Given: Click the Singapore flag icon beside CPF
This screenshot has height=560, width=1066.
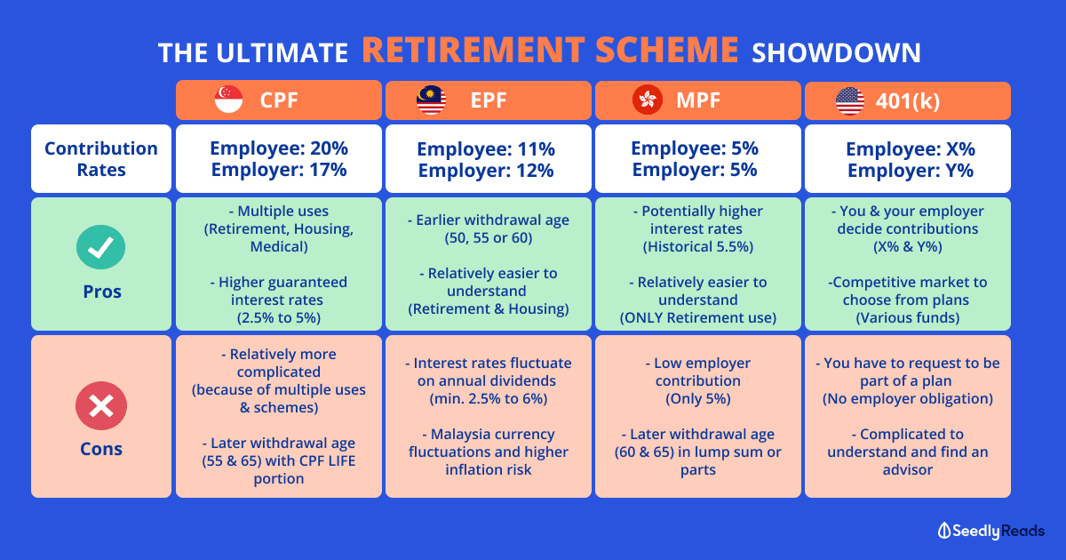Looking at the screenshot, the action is [x=229, y=100].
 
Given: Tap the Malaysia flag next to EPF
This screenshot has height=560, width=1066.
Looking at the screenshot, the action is [x=431, y=100].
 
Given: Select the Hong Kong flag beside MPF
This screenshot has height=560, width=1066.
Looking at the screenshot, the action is [x=648, y=100].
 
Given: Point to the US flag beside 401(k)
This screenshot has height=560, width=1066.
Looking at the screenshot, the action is [x=850, y=101].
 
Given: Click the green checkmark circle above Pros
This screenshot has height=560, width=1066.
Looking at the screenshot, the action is [x=101, y=247].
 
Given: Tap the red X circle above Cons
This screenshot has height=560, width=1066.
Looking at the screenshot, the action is [x=101, y=405].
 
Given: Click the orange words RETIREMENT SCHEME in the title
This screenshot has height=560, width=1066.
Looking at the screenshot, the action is [x=550, y=50].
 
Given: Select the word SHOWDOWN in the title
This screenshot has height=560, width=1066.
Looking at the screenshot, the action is [x=836, y=52].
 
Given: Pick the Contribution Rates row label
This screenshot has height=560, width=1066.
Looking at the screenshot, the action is [x=101, y=159].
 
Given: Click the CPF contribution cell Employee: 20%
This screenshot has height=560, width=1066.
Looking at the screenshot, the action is [x=279, y=148].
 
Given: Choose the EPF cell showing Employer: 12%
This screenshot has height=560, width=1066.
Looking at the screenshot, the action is [x=486, y=171].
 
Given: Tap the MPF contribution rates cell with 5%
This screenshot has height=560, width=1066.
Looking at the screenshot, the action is [x=697, y=158].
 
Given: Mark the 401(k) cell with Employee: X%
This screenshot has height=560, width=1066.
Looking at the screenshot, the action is [x=911, y=149].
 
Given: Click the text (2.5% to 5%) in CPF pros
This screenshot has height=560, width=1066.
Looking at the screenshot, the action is [x=279, y=317].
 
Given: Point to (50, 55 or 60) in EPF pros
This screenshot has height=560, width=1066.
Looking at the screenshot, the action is [x=489, y=237].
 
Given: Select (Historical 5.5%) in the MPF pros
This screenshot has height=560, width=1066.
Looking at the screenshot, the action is [x=698, y=247].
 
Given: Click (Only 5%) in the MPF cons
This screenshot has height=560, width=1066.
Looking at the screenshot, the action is [x=698, y=398].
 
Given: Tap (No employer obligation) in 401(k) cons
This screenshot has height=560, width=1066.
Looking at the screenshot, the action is [x=908, y=398].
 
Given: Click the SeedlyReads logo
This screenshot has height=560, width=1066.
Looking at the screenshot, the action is [x=990, y=531].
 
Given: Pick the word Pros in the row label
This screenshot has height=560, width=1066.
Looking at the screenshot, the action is [x=102, y=292].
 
